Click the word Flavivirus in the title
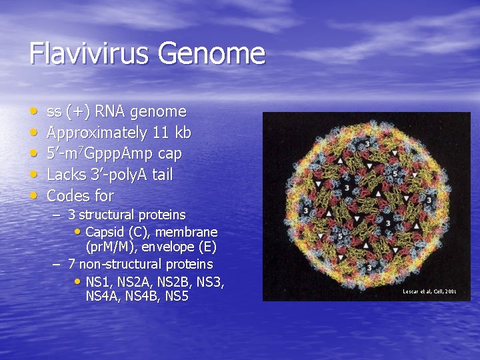pyautogui.click(x=86, y=53)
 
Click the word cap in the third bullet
pyautogui.click(x=169, y=154)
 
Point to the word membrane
pyautogui.click(x=189, y=232)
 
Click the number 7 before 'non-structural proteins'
pyautogui.click(x=71, y=265)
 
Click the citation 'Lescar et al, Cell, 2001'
pyautogui.click(x=429, y=291)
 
